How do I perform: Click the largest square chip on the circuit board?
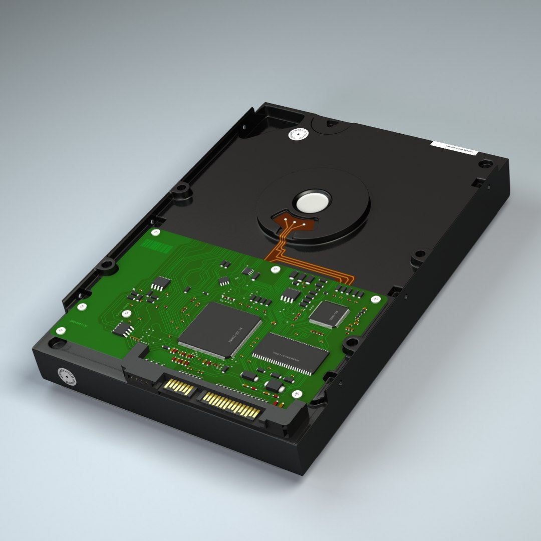(220, 330)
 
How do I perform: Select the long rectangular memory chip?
(290, 354)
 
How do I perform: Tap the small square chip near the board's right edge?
(329, 314)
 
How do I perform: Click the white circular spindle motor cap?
(313, 202)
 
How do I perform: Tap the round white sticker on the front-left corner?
(67, 376)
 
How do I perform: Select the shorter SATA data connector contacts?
(179, 387)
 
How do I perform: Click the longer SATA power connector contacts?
(231, 405)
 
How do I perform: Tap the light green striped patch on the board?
(157, 246)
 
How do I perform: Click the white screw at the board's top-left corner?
(156, 232)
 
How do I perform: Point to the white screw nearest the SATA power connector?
(296, 394)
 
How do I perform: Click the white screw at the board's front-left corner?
(61, 331)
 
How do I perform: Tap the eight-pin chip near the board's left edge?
(123, 329)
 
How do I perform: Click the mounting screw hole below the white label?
(484, 164)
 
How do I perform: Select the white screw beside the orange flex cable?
(274, 269)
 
